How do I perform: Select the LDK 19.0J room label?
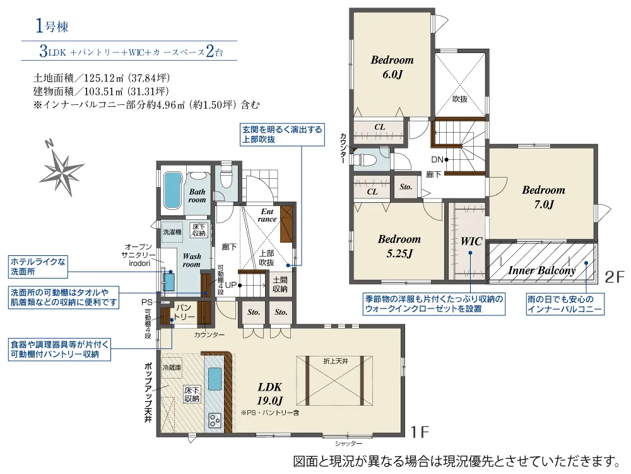pyautogui.click(x=269, y=393)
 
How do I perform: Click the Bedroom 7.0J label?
pyautogui.click(x=543, y=197)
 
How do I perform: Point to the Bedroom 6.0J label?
pyautogui.click(x=392, y=67)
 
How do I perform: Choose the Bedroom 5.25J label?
pyautogui.click(x=399, y=246)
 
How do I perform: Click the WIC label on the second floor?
pyautogui.click(x=471, y=241)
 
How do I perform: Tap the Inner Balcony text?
pyautogui.click(x=541, y=270)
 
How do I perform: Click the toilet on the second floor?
pyautogui.click(x=365, y=159)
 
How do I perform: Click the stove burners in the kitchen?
pyautogui.click(x=215, y=420)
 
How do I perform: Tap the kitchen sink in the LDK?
pyautogui.click(x=215, y=379)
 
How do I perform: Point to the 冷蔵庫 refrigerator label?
pyautogui.click(x=172, y=367)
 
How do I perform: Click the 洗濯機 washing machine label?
pyautogui.click(x=172, y=232)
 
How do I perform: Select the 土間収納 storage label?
pyautogui.click(x=280, y=284)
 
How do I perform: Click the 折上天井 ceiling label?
pyautogui.click(x=336, y=362)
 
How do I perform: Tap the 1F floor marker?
pyautogui.click(x=420, y=432)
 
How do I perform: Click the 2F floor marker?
pyautogui.click(x=615, y=277)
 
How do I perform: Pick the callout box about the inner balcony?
pyautogui.click(x=565, y=305)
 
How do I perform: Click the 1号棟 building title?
pyautogui.click(x=52, y=26)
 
